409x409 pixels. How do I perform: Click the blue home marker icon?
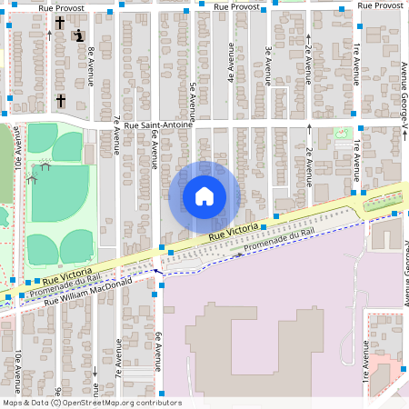tap(204, 196)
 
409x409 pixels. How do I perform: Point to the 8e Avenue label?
tap(93, 66)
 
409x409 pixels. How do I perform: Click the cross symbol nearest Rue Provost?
tap(60, 23)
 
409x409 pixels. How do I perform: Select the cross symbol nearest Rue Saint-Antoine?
tap(61, 100)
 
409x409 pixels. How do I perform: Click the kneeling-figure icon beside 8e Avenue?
tap(79, 35)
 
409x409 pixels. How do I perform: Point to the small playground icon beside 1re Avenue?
tap(342, 134)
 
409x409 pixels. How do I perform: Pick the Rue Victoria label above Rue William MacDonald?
tap(66, 274)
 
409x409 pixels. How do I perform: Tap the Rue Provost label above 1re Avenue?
tap(379, 5)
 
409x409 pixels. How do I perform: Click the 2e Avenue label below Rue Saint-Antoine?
tap(310, 165)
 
